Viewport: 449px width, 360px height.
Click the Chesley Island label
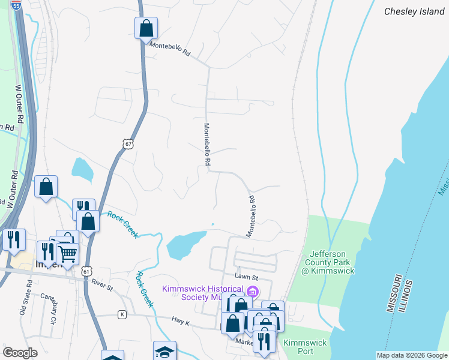[414, 11]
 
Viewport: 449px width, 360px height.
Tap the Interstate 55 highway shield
[16, 4]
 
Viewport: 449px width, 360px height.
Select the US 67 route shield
[127, 144]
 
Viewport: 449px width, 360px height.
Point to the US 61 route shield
[88, 272]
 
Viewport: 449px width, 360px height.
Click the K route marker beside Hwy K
[122, 314]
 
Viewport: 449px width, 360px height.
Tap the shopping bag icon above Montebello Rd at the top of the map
[146, 28]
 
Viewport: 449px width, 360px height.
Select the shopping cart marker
[67, 254]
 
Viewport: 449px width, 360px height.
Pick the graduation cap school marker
[165, 352]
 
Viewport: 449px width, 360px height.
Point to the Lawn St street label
[246, 278]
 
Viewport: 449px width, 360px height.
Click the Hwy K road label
[180, 323]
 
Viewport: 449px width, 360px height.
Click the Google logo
[20, 353]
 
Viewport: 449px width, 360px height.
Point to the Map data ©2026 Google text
[411, 355]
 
